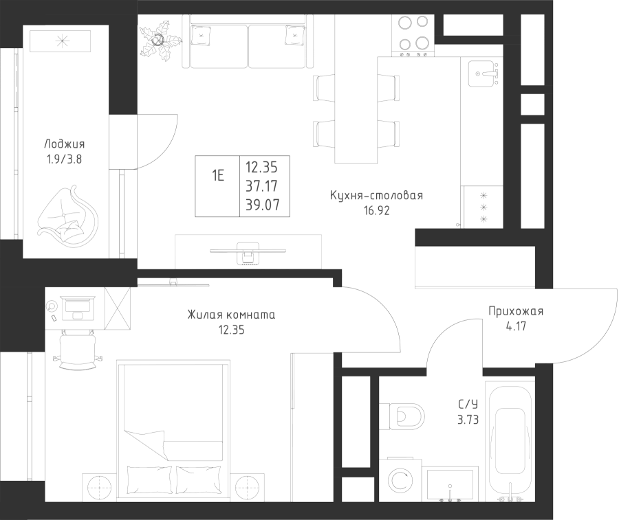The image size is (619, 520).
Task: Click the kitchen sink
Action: click(x=485, y=73)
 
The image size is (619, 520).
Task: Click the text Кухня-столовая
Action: click(x=376, y=196)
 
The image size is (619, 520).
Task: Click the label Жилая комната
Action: click(x=231, y=315)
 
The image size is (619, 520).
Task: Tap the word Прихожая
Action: click(x=516, y=312)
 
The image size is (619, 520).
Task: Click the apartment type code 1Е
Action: click(x=217, y=175)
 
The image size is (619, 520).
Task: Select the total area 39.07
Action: click(x=262, y=205)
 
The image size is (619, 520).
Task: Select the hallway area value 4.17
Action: click(x=516, y=327)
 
